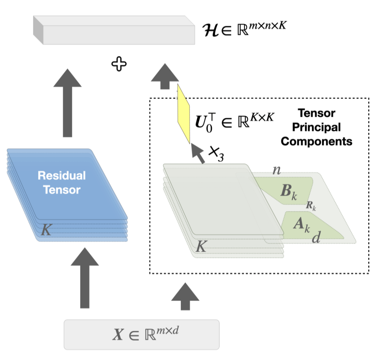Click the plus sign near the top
click(118, 65)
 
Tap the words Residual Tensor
click(61, 182)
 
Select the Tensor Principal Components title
click(316, 127)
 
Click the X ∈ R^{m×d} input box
click(142, 334)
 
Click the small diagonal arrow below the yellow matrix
click(197, 152)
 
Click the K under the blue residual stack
click(45, 230)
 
